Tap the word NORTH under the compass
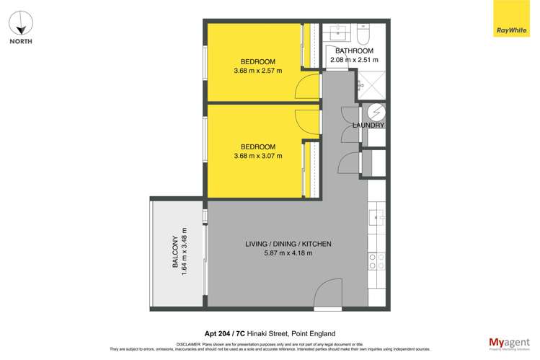click(21, 42)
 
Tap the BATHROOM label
click(354, 51)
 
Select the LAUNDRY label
click(368, 126)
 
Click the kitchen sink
click(376, 217)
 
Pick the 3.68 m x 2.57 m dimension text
click(257, 71)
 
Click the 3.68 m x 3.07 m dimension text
click(257, 155)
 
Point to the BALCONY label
click(174, 253)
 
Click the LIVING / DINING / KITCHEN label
click(288, 244)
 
